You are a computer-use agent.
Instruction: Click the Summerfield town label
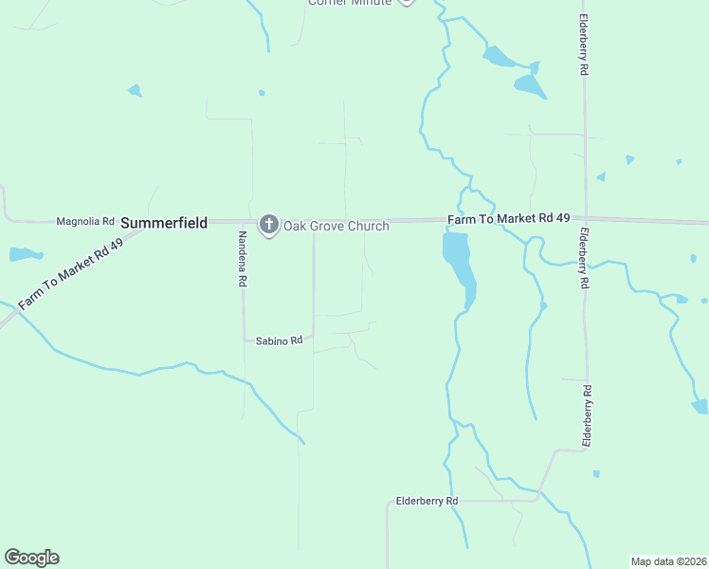point(163,223)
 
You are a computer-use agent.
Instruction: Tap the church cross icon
point(269,225)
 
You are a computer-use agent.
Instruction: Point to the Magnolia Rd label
point(85,222)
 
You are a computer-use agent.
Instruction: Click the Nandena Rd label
point(243,259)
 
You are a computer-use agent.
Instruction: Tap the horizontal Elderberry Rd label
point(427,501)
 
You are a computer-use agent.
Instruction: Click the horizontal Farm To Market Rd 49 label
point(509,219)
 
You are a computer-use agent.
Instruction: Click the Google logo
point(31,558)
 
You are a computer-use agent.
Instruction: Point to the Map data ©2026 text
point(669,560)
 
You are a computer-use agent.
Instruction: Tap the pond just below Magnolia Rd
point(25,254)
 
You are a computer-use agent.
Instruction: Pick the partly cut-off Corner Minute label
point(349,2)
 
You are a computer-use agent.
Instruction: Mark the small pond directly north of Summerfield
point(135,91)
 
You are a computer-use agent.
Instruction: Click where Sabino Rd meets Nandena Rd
point(244,340)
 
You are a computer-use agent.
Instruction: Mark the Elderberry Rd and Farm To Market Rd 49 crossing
point(585,219)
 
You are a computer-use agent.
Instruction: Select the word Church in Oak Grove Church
point(370,227)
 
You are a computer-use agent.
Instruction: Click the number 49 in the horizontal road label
point(562,219)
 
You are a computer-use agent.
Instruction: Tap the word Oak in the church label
point(296,227)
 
